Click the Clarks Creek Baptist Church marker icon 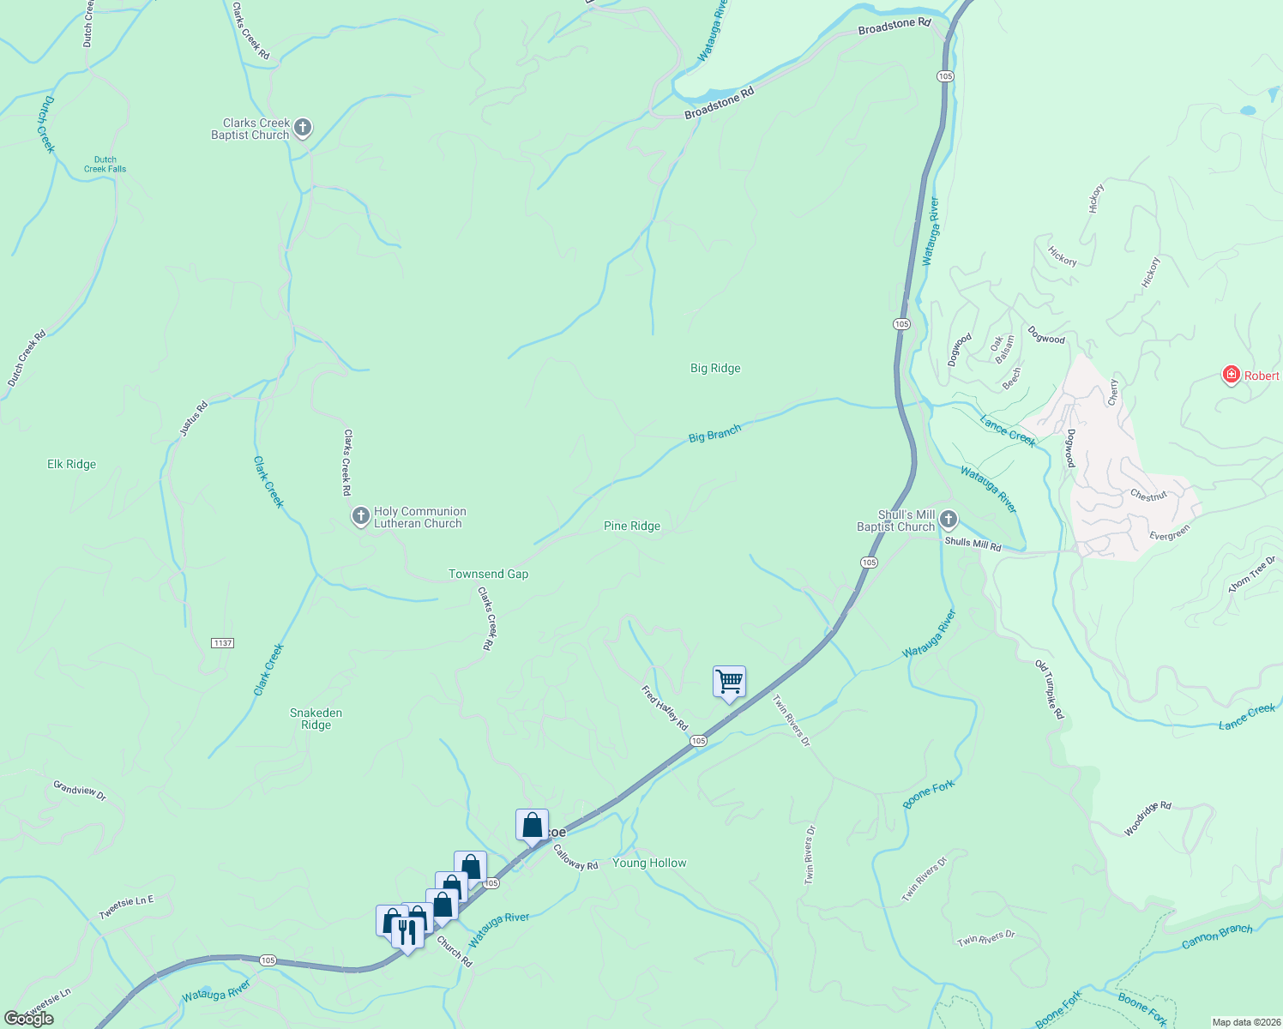(302, 129)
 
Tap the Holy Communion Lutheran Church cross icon (361, 516)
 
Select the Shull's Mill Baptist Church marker (948, 519)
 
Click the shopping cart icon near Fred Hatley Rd (729, 683)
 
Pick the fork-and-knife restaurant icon (407, 932)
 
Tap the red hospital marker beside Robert (1232, 375)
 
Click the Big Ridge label (715, 369)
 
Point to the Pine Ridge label (632, 527)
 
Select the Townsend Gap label (488, 575)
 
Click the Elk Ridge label (71, 465)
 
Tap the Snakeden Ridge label (316, 719)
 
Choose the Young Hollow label (649, 864)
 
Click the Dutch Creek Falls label (105, 164)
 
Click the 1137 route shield (222, 643)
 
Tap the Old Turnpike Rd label (1049, 689)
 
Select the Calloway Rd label (575, 858)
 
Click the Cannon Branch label (1217, 936)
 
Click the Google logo (29, 1019)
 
